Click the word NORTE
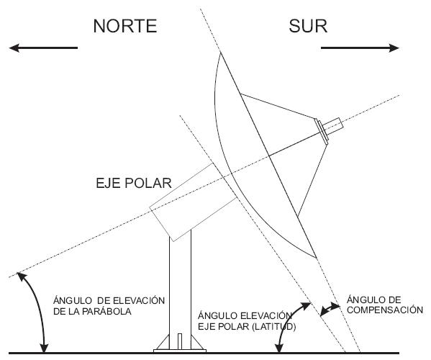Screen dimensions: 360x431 click(125, 27)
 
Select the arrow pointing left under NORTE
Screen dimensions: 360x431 click(44, 48)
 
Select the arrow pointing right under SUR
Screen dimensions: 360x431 click(359, 48)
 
